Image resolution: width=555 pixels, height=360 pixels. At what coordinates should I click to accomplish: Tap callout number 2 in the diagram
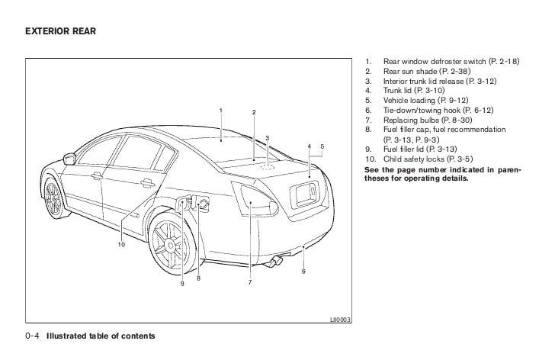click(x=254, y=114)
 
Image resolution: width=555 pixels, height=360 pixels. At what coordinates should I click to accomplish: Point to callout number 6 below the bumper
click(x=303, y=272)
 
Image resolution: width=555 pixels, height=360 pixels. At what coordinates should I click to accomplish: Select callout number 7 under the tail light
click(x=249, y=283)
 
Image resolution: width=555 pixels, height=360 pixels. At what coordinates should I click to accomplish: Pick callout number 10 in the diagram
click(x=120, y=244)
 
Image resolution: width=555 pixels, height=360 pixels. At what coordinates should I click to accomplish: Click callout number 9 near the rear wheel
click(x=182, y=284)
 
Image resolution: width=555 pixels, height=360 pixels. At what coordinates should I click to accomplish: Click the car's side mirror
click(x=71, y=159)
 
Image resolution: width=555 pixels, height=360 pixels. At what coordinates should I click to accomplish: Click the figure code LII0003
click(x=341, y=320)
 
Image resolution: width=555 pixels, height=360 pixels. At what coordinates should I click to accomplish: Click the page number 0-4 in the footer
click(x=32, y=336)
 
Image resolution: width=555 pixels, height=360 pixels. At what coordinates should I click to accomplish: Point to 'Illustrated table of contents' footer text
click(x=101, y=336)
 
